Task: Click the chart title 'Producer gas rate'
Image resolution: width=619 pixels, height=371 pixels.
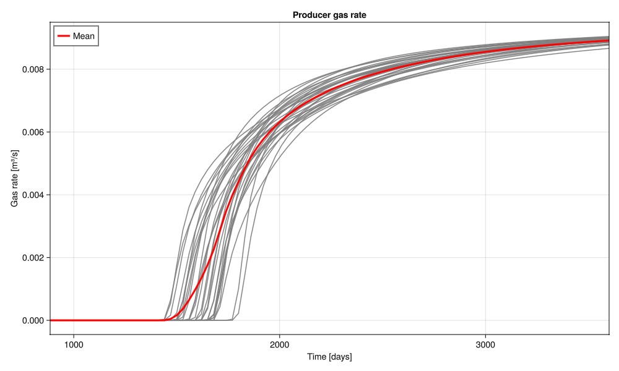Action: click(329, 15)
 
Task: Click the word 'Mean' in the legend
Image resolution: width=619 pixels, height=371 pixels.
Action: click(84, 36)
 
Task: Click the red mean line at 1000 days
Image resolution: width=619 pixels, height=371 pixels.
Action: click(74, 320)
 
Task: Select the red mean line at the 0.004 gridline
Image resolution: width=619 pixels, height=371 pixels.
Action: click(232, 195)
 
